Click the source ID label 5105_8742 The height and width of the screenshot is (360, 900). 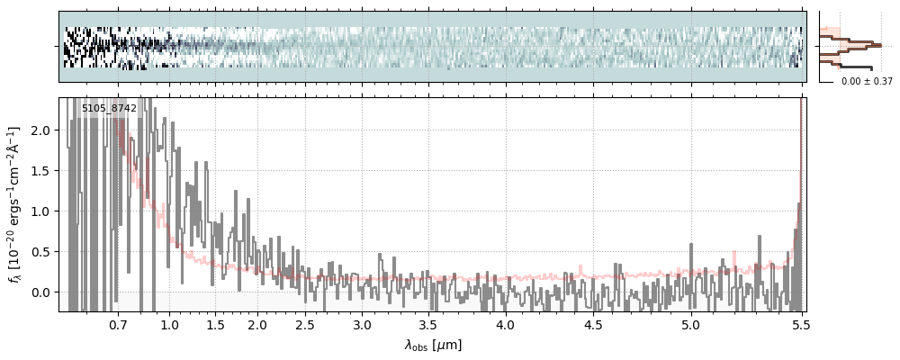[x=109, y=109]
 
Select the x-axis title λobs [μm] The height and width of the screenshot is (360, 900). [x=433, y=345]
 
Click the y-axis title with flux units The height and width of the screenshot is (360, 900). [x=15, y=204]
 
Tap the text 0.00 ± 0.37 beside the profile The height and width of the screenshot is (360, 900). [x=867, y=82]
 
